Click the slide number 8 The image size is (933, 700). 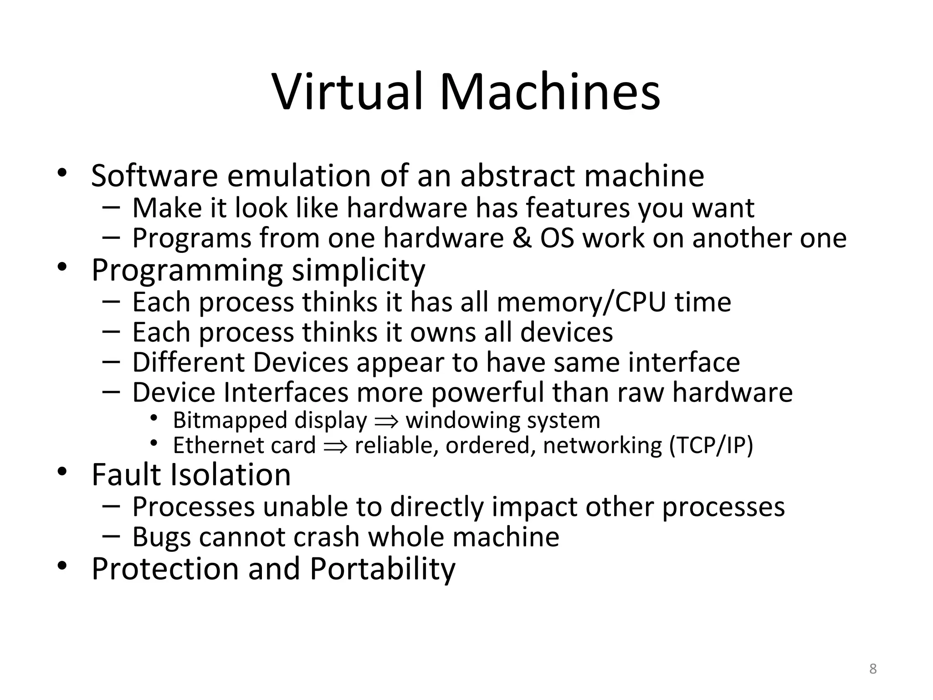[873, 669]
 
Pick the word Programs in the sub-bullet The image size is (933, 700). [192, 239]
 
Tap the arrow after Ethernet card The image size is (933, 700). [335, 446]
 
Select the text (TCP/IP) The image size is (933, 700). [711, 446]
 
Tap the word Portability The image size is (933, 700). [382, 569]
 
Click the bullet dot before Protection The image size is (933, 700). [62, 566]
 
